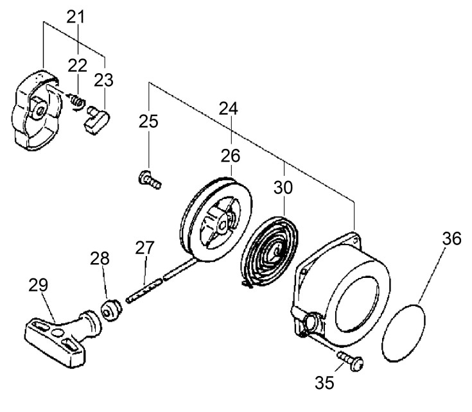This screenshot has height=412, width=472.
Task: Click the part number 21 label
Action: (x=76, y=17)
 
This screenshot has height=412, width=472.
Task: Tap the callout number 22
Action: (x=77, y=65)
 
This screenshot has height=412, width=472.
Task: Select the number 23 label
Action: (x=104, y=80)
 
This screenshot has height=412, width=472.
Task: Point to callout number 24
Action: (x=229, y=108)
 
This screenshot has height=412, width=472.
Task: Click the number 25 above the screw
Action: (x=148, y=121)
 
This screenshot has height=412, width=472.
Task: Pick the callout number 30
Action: (x=283, y=187)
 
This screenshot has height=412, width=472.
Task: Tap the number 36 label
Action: (x=451, y=239)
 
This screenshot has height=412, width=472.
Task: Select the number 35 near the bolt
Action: (x=324, y=382)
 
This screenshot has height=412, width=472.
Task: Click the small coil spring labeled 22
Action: (x=77, y=101)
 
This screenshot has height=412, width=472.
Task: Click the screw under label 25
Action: (x=150, y=180)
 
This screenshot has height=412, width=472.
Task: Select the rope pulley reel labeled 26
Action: (x=217, y=219)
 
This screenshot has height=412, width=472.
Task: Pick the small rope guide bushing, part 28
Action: (x=110, y=311)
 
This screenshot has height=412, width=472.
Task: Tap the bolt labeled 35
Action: (x=351, y=361)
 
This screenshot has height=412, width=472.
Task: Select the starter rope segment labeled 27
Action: (x=144, y=291)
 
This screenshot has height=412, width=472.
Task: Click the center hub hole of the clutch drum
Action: (x=39, y=111)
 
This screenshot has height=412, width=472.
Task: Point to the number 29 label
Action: (x=39, y=285)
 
